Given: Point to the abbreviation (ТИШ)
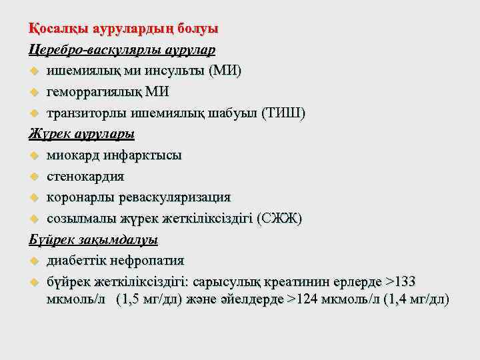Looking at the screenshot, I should click(285, 113).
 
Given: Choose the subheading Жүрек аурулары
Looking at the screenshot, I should click(81, 134).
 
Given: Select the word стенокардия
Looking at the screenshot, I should click(85, 177).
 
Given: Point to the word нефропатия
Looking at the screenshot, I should click(152, 260).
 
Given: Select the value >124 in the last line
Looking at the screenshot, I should click(307, 299).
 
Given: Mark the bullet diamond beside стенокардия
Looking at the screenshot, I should click(35, 177).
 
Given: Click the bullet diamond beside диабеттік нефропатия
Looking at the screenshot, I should click(35, 260).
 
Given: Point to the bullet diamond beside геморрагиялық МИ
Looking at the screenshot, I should click(35, 92).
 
